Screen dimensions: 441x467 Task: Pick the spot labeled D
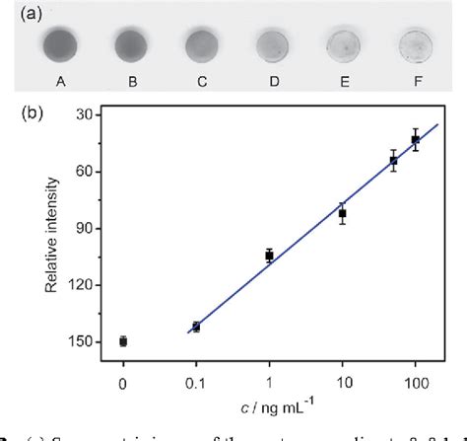[272, 46]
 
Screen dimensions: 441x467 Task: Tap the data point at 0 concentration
[123, 341]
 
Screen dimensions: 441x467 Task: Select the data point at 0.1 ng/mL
[196, 327]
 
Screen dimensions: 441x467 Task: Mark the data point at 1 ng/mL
[269, 256]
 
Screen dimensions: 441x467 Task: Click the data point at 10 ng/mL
[343, 213]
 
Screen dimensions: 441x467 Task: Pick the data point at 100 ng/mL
[416, 139]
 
